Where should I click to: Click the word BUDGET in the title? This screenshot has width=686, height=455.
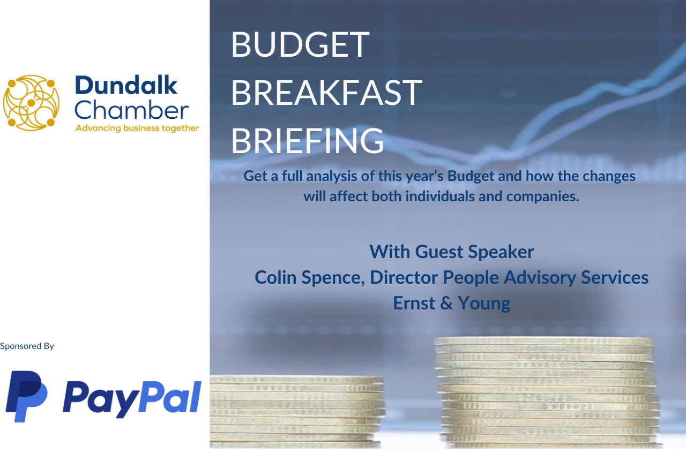tap(300, 44)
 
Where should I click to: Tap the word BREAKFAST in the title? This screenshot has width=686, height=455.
tap(326, 93)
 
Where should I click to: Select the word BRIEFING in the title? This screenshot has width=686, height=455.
tap(307, 141)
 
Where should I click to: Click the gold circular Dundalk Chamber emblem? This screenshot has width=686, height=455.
tap(31, 103)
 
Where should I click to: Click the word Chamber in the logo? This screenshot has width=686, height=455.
tap(132, 110)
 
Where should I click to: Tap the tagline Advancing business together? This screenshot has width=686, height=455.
tap(137, 128)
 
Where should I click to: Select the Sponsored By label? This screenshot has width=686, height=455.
tap(27, 346)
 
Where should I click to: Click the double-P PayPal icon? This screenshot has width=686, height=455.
tap(27, 396)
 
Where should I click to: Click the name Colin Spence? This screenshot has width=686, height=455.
tap(310, 278)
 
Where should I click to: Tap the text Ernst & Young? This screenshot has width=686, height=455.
tap(452, 304)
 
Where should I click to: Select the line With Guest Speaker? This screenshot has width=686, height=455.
tap(452, 252)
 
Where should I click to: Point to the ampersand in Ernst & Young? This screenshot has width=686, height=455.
tap(446, 303)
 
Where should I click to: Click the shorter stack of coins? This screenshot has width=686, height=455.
tap(297, 412)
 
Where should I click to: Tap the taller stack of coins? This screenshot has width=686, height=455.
tap(548, 392)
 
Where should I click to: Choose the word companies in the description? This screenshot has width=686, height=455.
tap(543, 197)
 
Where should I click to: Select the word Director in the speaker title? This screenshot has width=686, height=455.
tap(404, 277)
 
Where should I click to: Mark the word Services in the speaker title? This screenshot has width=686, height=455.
tap(615, 277)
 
